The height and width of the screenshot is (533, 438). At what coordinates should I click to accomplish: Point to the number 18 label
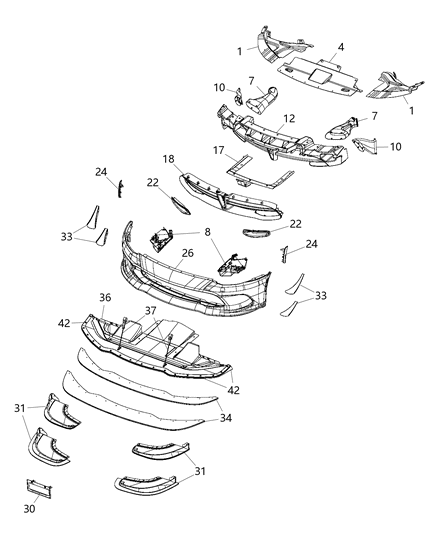click(x=168, y=160)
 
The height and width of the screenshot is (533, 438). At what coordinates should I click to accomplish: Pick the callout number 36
click(x=104, y=297)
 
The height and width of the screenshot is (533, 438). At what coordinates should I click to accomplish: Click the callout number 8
click(x=208, y=233)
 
